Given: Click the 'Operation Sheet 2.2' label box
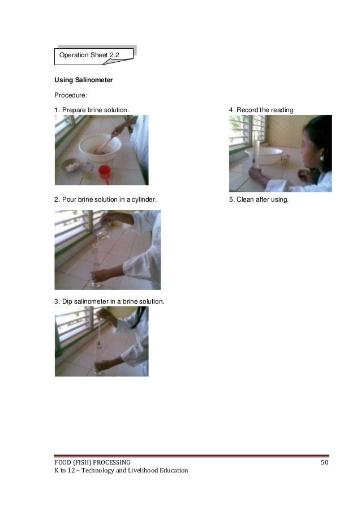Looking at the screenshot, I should (x=94, y=54).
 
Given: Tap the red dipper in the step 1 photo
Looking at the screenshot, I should (x=105, y=171).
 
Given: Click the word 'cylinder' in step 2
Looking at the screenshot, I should (x=144, y=200).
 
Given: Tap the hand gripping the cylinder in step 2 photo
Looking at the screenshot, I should (x=101, y=276).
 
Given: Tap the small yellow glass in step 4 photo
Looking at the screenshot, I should (x=284, y=160).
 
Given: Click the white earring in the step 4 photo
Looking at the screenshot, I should (x=321, y=158).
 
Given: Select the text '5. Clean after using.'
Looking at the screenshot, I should (x=259, y=200).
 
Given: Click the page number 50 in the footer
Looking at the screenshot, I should (x=324, y=462).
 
